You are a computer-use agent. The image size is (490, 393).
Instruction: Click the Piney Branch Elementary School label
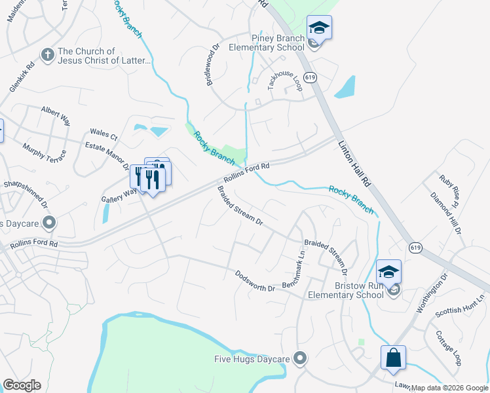(x=267, y=43)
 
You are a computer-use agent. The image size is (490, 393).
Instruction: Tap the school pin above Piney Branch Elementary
(x=319, y=27)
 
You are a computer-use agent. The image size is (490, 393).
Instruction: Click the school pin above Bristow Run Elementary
(x=388, y=271)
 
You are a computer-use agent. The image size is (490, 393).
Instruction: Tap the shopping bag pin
(x=393, y=358)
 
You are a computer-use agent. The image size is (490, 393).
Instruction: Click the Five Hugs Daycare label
(x=252, y=358)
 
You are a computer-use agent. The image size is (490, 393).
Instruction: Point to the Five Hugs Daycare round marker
(x=301, y=358)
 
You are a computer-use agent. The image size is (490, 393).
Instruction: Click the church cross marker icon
(x=47, y=55)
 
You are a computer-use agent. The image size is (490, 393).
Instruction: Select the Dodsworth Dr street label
(x=255, y=282)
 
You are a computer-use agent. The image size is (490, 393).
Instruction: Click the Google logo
(x=22, y=385)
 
